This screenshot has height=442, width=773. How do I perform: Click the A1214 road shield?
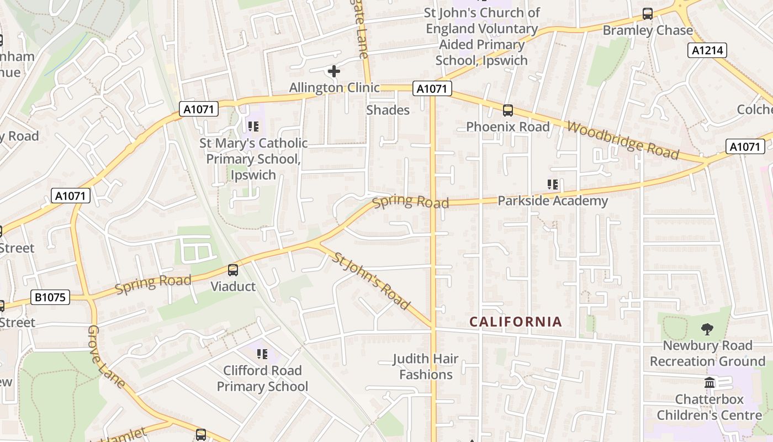[x=707, y=51]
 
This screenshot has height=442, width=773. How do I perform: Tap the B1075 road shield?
[x=50, y=297]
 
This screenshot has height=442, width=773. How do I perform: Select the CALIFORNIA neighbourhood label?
[x=516, y=322]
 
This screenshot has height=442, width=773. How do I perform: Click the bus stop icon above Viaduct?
[x=233, y=270]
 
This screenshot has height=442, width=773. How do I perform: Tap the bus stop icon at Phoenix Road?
[x=508, y=110]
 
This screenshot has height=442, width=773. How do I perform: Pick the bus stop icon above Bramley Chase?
[x=648, y=14]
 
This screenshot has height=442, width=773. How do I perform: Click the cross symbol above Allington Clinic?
[x=334, y=71]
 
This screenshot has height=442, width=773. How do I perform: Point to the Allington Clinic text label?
[x=335, y=88]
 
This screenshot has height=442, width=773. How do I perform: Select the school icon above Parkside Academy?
[x=552, y=185]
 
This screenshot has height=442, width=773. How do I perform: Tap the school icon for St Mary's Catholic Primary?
[x=253, y=127]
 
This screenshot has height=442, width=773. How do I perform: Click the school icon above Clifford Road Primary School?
[x=262, y=354]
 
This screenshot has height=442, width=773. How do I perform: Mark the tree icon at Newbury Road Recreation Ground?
[x=707, y=329]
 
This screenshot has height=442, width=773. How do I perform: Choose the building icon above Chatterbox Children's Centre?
[x=710, y=382]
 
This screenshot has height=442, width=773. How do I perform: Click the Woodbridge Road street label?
[x=622, y=140]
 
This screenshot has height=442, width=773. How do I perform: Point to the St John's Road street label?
[x=372, y=281]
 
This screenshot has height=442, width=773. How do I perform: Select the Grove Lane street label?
[x=106, y=357]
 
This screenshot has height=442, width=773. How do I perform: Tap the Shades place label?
[x=388, y=110]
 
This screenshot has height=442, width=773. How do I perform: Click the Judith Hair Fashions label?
[x=426, y=366]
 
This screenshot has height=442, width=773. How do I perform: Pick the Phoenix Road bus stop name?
[x=508, y=127]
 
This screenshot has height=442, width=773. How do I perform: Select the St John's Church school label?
[x=481, y=36]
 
